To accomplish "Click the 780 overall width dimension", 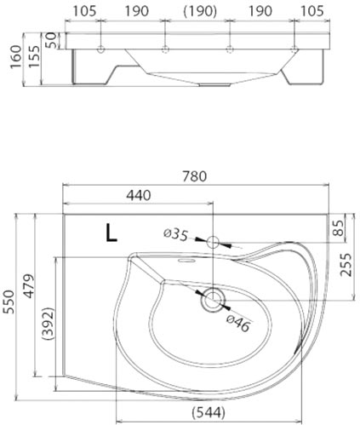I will [x=196, y=177].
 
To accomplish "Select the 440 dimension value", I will [x=138, y=195].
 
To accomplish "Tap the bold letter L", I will [x=111, y=233].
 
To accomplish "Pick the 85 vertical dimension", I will [x=339, y=228].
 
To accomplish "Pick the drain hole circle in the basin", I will [x=213, y=298].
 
